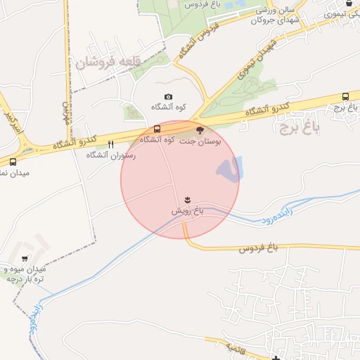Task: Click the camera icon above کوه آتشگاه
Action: click(168, 97)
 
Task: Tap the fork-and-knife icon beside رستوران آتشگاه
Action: click(110, 145)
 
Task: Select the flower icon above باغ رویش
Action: click(188, 200)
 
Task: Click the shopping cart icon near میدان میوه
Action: click(26, 259)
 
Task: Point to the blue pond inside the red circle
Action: click(229, 169)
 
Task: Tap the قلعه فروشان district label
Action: click(103, 63)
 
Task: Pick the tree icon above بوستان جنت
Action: click(200, 130)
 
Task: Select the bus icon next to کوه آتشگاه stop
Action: click(157, 129)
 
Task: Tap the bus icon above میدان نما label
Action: click(13, 162)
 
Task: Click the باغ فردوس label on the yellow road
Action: click(259, 248)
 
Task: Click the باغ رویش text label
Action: click(188, 211)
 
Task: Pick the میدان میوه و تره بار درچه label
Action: click(27, 274)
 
